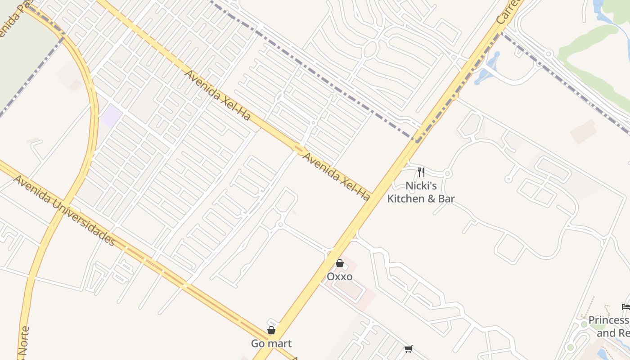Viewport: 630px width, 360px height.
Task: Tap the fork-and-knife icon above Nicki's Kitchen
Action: (x=421, y=172)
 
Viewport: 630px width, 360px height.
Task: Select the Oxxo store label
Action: (x=339, y=276)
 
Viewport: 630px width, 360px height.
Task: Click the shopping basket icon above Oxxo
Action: (x=340, y=263)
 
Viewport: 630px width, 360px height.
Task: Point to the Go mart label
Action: (x=271, y=344)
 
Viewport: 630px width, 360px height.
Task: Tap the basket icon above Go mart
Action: (x=271, y=330)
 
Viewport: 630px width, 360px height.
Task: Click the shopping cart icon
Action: (x=409, y=349)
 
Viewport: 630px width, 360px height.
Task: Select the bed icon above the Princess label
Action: (x=625, y=307)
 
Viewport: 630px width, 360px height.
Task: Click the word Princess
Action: (x=608, y=320)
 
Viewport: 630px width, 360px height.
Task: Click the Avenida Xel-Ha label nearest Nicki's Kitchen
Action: (x=336, y=176)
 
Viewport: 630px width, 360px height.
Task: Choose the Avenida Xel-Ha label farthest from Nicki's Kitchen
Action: (x=217, y=95)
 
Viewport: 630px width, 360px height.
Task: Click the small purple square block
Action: (x=111, y=116)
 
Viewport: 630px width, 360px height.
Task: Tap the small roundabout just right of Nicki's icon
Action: (x=447, y=174)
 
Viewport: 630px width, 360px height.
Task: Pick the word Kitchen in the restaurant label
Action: (x=406, y=198)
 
